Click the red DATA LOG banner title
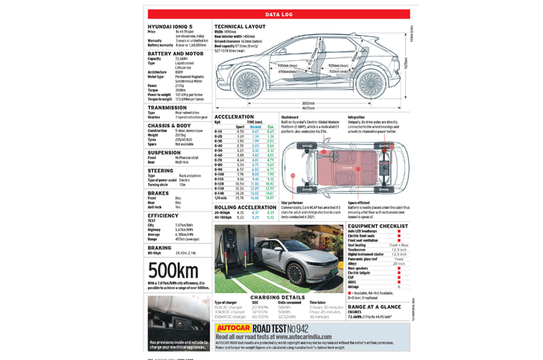coord(278,14)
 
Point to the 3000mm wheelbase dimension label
coord(308,102)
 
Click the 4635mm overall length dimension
coord(308,108)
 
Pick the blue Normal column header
coord(256,126)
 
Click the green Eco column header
coord(271,126)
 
